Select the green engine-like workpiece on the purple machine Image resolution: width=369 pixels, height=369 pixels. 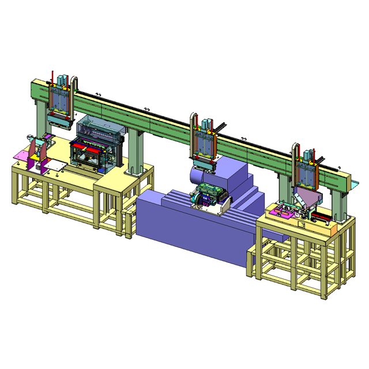click(x=209, y=193)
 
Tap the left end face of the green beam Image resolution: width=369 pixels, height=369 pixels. click(x=32, y=91)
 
